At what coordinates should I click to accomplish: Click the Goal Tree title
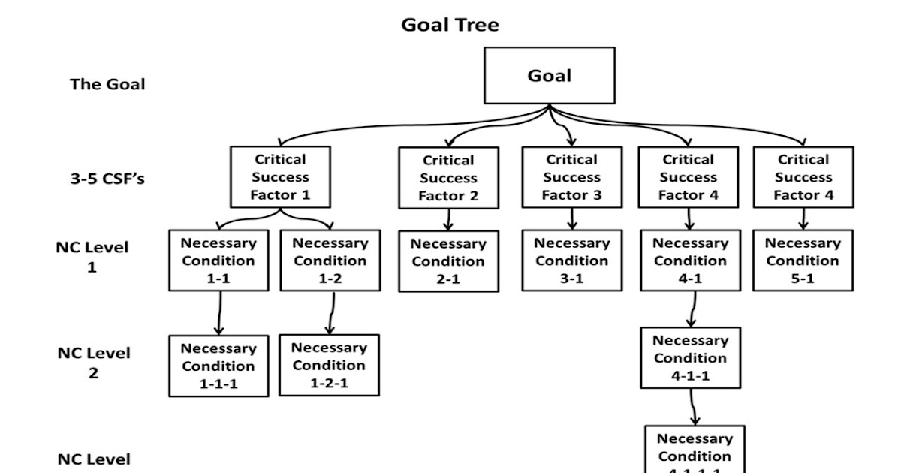click(x=450, y=25)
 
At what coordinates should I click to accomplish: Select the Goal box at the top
click(x=550, y=76)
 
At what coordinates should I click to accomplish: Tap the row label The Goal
click(x=107, y=84)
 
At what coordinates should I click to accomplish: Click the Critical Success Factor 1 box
click(x=280, y=177)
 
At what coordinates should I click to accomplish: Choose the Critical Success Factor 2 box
click(x=448, y=178)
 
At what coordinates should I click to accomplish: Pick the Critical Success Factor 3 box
click(x=571, y=177)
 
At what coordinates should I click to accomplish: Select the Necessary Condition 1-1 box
click(x=218, y=261)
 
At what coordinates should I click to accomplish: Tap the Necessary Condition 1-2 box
click(x=330, y=261)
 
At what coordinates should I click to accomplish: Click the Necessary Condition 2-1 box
click(x=448, y=261)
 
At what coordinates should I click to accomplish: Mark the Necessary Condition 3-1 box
click(x=571, y=261)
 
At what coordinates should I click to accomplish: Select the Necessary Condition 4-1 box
click(x=689, y=261)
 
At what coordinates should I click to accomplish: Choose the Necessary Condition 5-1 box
click(x=803, y=261)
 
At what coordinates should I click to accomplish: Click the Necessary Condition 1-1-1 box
click(x=218, y=366)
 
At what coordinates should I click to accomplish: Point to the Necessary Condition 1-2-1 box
click(x=329, y=366)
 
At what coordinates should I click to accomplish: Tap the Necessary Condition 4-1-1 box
click(x=690, y=358)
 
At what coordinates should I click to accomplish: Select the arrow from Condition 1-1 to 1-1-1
click(x=219, y=314)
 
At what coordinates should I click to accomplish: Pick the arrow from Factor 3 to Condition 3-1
click(x=572, y=218)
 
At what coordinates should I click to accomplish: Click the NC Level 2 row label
click(x=93, y=362)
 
